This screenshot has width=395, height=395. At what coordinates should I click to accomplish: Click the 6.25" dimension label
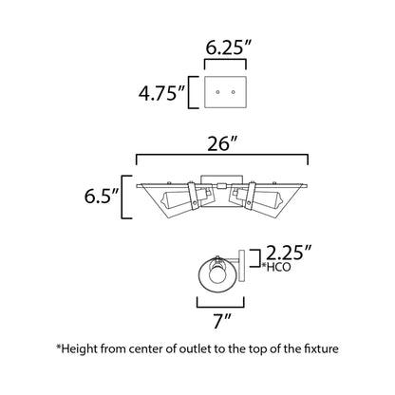(228, 47)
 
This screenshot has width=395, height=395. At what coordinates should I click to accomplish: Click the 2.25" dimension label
(289, 252)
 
